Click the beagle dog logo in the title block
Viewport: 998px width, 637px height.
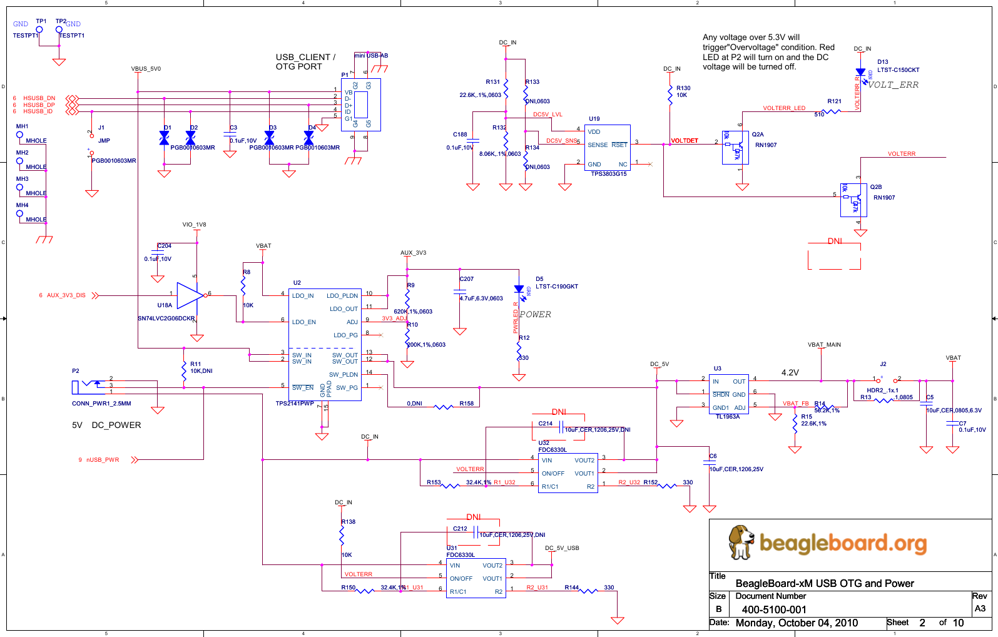pyautogui.click(x=741, y=542)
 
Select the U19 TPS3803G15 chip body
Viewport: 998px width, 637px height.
pyautogui.click(x=608, y=148)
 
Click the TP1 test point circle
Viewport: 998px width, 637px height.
pyautogui.click(x=39, y=29)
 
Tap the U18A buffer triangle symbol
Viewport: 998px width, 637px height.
pyautogui.click(x=190, y=295)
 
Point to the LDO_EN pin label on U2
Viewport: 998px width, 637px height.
pyautogui.click(x=304, y=322)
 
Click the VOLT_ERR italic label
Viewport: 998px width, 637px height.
pyautogui.click(x=893, y=85)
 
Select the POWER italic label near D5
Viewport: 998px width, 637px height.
pyautogui.click(x=535, y=315)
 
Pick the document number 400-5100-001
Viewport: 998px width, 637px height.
pyautogui.click(x=774, y=609)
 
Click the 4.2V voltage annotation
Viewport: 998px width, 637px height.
pyautogui.click(x=790, y=372)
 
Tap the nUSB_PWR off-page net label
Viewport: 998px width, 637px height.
pyautogui.click(x=103, y=460)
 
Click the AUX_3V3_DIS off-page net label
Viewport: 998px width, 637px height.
pyautogui.click(x=66, y=295)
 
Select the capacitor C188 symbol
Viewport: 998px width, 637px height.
pyautogui.click(x=473, y=141)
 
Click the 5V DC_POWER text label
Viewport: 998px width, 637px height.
pyautogui.click(x=106, y=425)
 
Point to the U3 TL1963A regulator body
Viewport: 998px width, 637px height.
pyautogui.click(x=729, y=394)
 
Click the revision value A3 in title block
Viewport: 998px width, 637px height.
pyautogui.click(x=980, y=608)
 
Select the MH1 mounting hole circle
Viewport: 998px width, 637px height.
pyautogui.click(x=19, y=135)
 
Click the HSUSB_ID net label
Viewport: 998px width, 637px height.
pyautogui.click(x=38, y=111)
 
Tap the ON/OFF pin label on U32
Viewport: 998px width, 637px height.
pyautogui.click(x=553, y=474)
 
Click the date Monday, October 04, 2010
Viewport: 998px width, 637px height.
pyautogui.click(x=796, y=623)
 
